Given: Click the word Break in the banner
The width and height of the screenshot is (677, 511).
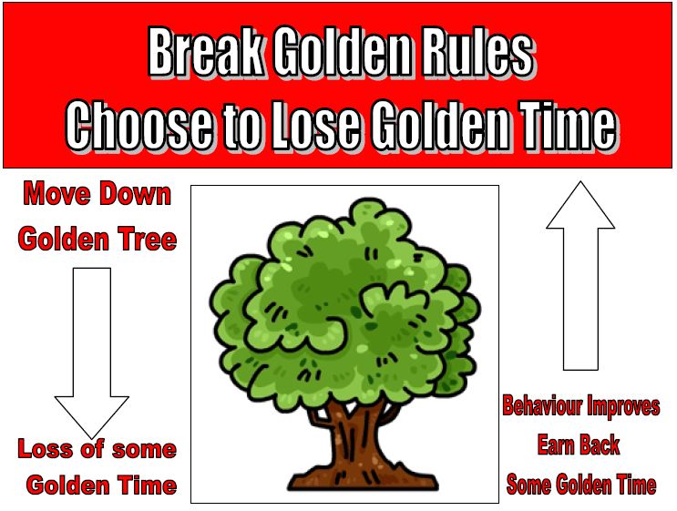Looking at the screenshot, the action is pos(206,52).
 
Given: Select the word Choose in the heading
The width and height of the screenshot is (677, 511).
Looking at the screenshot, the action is pos(140,124).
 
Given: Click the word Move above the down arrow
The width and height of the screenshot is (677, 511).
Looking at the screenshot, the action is pos(58,194).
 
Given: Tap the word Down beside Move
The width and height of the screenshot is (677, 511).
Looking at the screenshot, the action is pos(135,194).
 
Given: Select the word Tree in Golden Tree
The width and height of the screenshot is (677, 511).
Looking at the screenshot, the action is pos(149,239).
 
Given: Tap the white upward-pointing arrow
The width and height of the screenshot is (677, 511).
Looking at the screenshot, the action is pos(580,275).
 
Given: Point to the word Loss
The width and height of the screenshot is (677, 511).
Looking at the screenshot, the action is pos(45,448).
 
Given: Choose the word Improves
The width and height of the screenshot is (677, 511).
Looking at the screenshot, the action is pos(623,407).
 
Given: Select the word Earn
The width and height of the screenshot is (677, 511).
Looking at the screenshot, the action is pos(556,445).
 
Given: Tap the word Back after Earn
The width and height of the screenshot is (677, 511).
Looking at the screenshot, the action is pos(600,445).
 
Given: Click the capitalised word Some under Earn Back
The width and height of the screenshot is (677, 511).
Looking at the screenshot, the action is pos(529,484).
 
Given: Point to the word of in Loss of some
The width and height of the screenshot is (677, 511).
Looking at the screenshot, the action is pos(92,448).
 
